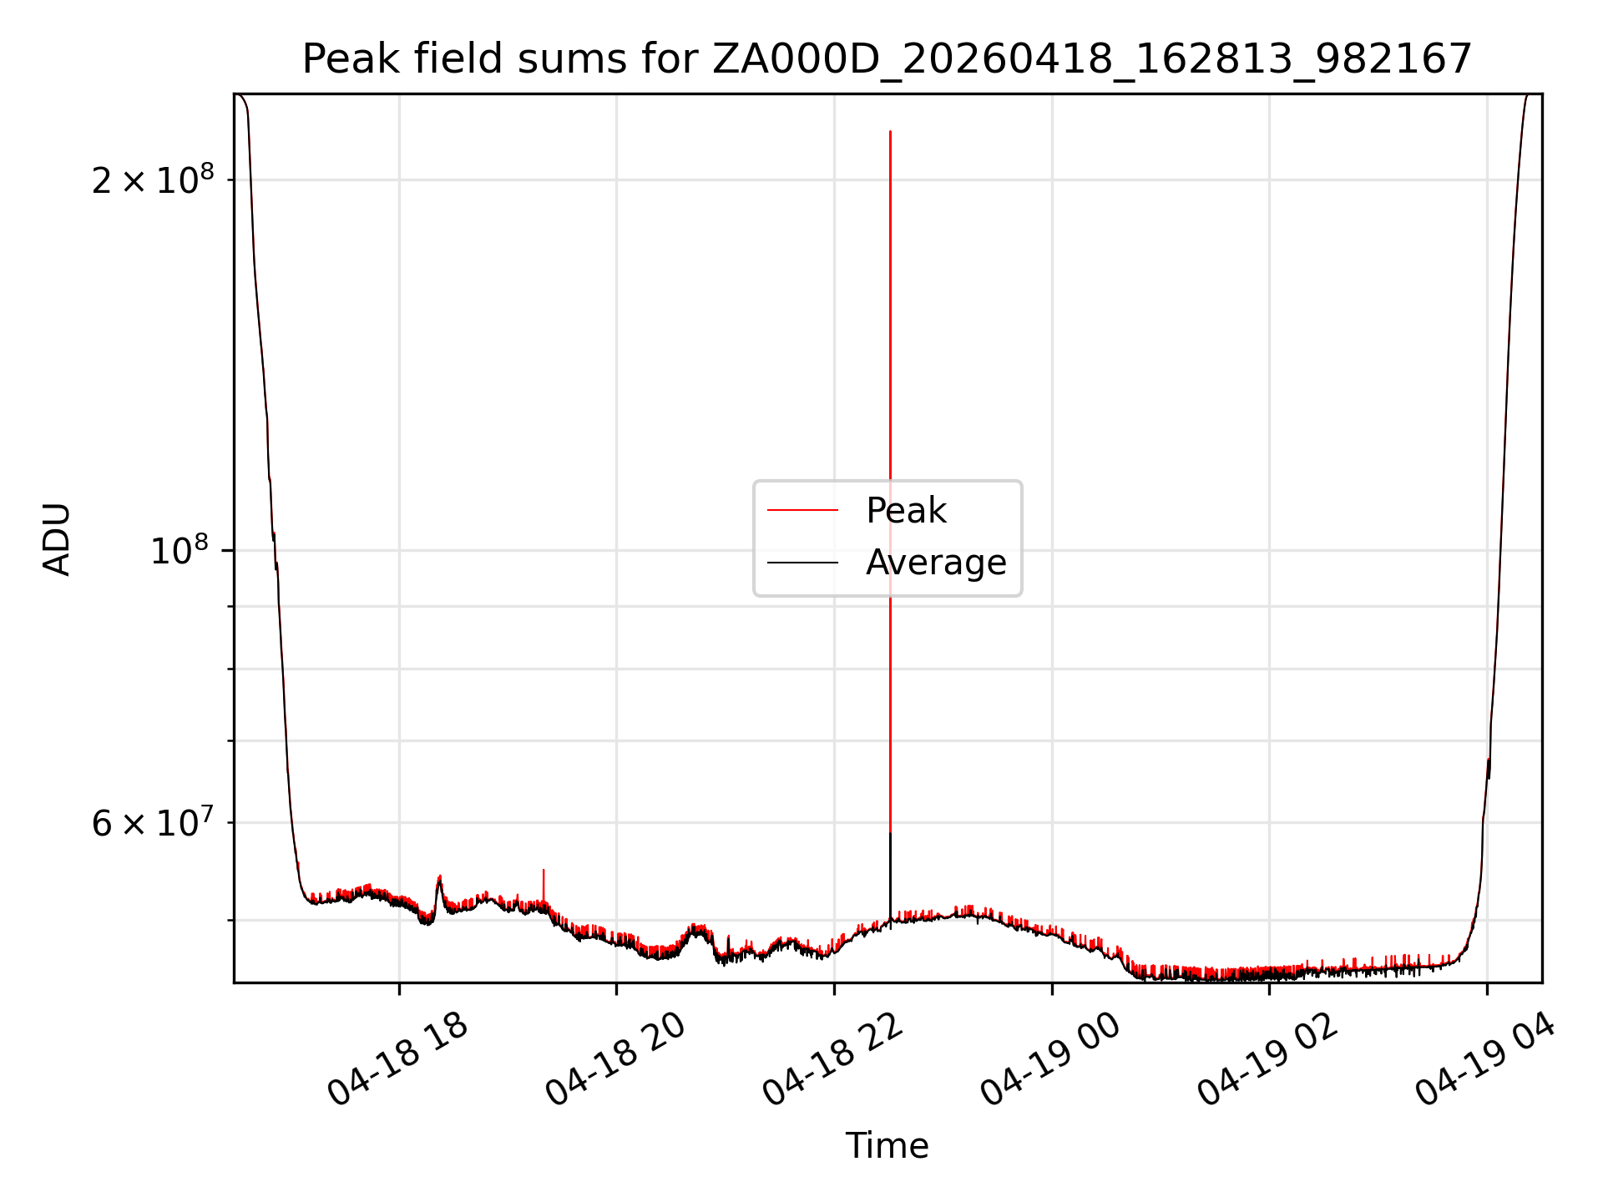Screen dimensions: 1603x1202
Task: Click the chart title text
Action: pos(887,59)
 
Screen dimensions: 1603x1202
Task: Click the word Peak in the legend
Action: pos(906,510)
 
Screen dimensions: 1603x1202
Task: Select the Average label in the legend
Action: pos(936,563)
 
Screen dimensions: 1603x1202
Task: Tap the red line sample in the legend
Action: pos(802,510)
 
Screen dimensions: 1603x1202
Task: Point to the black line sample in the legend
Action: pos(802,563)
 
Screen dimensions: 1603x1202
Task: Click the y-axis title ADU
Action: pos(57,538)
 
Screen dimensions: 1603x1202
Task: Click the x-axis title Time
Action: pos(887,1146)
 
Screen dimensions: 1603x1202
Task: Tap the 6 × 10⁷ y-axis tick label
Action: pos(153,822)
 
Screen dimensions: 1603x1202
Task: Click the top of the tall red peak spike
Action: pos(890,132)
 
